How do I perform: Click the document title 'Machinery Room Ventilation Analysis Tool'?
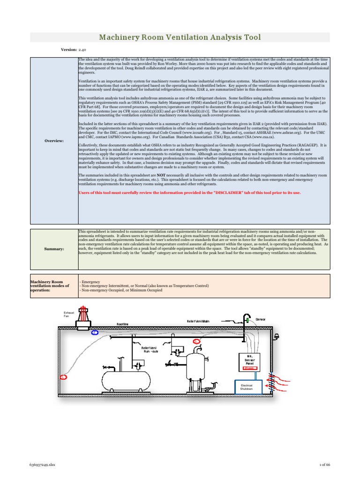coord(180,37)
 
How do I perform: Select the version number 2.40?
coord(82,49)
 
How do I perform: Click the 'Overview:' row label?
coord(54,141)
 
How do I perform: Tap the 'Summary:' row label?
coord(54,249)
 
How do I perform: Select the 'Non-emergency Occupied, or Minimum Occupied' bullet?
coord(122,290)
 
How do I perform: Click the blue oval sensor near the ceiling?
coord(95,332)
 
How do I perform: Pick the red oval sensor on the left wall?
coord(64,376)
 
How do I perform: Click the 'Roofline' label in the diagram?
coord(123,324)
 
